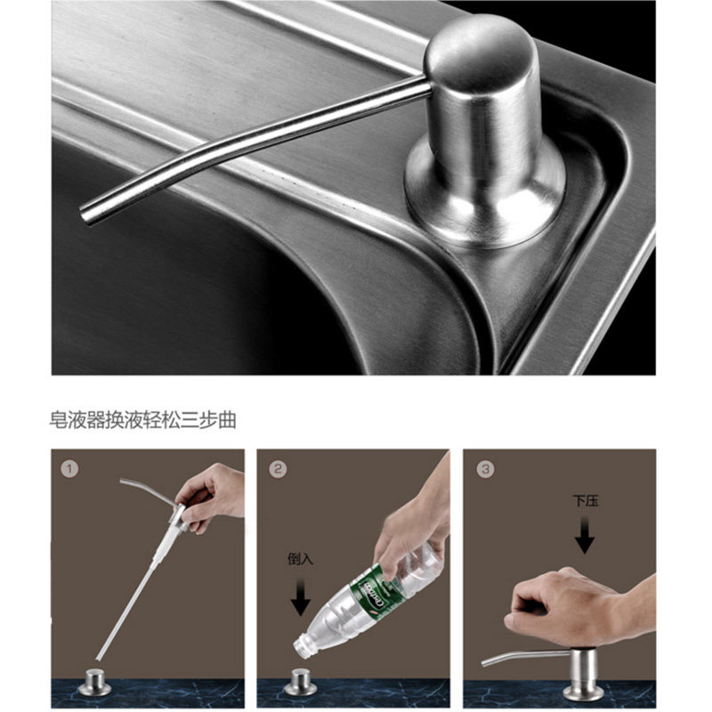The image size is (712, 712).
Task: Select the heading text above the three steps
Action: point(143,420)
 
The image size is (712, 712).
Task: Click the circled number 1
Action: point(69,469)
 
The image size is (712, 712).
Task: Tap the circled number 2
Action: point(278,469)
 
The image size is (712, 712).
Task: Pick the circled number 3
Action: point(485,469)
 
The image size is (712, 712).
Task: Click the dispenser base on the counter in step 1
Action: point(94,683)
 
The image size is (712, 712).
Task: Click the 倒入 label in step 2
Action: point(300,559)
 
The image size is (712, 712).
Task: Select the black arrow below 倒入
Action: point(300,595)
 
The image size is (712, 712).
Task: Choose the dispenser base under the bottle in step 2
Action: point(300,683)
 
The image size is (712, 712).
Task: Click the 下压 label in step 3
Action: point(586,501)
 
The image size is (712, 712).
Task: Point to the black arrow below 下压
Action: point(585,535)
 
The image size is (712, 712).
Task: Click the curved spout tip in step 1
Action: point(122,481)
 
